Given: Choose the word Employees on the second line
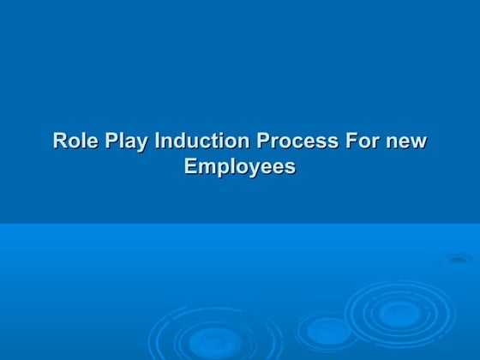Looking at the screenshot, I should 240,166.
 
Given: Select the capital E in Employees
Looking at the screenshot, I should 191,165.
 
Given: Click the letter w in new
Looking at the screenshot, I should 418,141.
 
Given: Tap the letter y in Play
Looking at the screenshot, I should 142,143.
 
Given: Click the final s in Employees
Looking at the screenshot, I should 290,166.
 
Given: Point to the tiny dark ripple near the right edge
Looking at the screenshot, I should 460,261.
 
